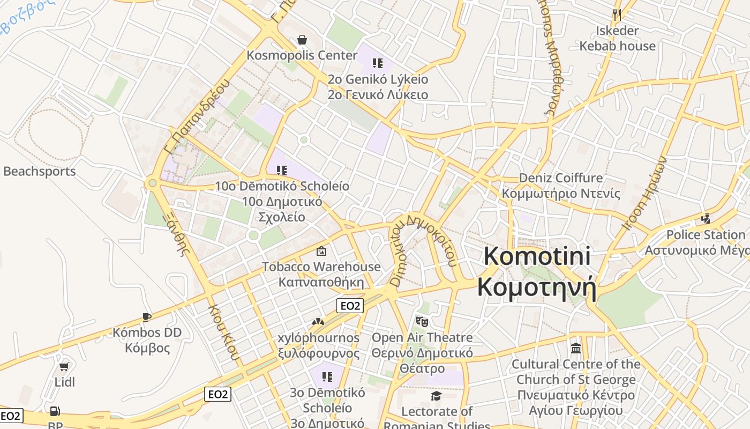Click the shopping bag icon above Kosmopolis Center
click(x=302, y=40)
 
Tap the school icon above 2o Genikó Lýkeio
click(x=378, y=63)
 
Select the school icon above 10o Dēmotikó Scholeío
click(x=281, y=171)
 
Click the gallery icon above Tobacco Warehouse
click(x=321, y=250)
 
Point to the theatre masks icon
click(x=422, y=321)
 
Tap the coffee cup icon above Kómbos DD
click(x=146, y=316)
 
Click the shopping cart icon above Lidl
click(x=64, y=367)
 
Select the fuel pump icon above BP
click(x=55, y=411)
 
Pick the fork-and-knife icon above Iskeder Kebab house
click(x=617, y=14)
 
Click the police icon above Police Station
click(x=706, y=219)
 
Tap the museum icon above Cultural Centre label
click(x=576, y=349)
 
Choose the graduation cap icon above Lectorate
click(x=437, y=396)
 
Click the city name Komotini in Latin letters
click(x=537, y=256)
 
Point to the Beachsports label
click(x=40, y=172)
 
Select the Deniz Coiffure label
click(x=561, y=178)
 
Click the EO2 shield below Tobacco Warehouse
click(x=350, y=306)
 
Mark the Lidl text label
click(x=64, y=382)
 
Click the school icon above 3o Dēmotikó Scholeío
click(x=327, y=377)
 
